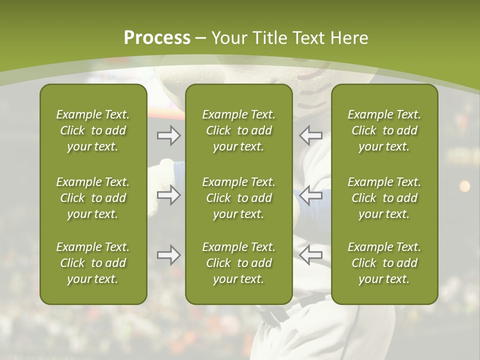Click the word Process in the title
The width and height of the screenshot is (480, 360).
point(157,38)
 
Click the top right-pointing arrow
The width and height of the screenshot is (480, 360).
point(168,135)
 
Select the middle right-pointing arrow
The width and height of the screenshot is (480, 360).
point(168,195)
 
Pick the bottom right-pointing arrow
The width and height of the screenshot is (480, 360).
point(168,255)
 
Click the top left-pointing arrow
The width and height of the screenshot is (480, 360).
point(310,135)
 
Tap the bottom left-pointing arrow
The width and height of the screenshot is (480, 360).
point(310,255)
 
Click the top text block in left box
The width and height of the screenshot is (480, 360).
point(93,130)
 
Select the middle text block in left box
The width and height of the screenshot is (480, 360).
point(93,198)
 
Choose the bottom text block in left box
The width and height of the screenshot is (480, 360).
point(93,263)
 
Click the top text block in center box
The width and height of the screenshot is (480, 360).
point(238,130)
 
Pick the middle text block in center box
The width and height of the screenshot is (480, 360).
point(238,198)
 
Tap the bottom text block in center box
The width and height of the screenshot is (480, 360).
point(238,263)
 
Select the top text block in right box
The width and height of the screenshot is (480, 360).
point(384,130)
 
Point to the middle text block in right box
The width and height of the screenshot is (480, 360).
point(384,198)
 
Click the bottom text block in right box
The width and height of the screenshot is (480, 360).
point(384,263)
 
